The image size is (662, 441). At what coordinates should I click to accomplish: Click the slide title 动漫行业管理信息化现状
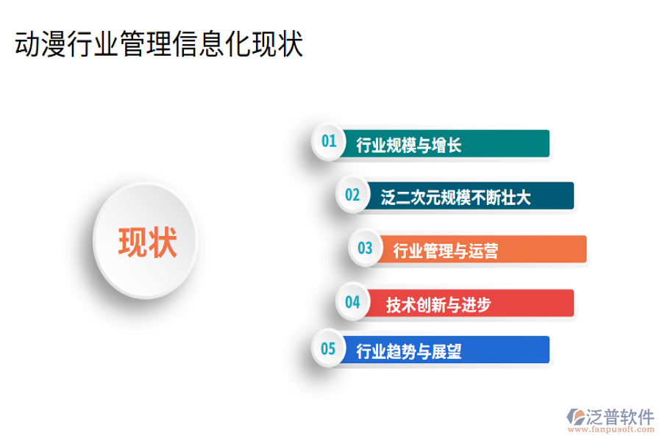click(159, 45)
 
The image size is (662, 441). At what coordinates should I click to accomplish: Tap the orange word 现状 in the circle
click(147, 242)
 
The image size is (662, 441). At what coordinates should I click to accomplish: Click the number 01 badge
click(328, 141)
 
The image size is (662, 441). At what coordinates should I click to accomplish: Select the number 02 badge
click(352, 195)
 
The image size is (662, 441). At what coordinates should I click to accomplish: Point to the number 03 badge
click(365, 248)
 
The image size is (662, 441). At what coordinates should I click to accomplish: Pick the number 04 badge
click(352, 301)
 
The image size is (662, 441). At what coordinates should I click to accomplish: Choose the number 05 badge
click(328, 348)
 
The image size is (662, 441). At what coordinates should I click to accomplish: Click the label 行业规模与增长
click(408, 145)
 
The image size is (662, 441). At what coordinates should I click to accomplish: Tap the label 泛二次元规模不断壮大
click(455, 197)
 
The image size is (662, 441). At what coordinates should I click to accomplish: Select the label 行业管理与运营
click(446, 251)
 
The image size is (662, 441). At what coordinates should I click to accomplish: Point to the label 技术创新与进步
click(438, 304)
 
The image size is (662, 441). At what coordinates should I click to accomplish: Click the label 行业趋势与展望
click(408, 351)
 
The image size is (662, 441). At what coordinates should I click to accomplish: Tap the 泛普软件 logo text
click(620, 417)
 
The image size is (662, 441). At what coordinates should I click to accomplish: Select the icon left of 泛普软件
click(574, 417)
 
